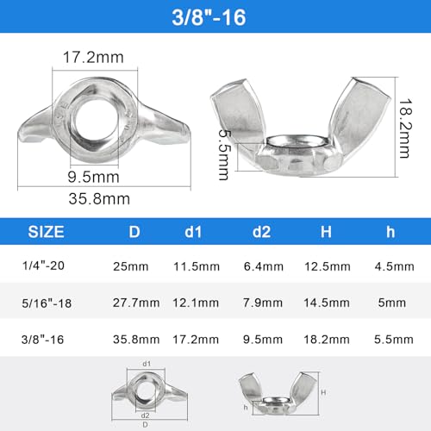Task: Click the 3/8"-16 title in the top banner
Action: (209, 17)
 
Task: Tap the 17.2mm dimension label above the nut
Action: (93, 57)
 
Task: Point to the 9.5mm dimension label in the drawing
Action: (93, 177)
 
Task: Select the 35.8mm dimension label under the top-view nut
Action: (99, 199)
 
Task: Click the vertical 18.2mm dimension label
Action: (406, 128)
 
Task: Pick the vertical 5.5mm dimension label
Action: (225, 154)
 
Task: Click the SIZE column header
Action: (46, 232)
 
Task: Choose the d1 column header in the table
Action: (193, 232)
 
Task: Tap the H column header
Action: (326, 232)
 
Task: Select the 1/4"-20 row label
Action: (43, 265)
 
